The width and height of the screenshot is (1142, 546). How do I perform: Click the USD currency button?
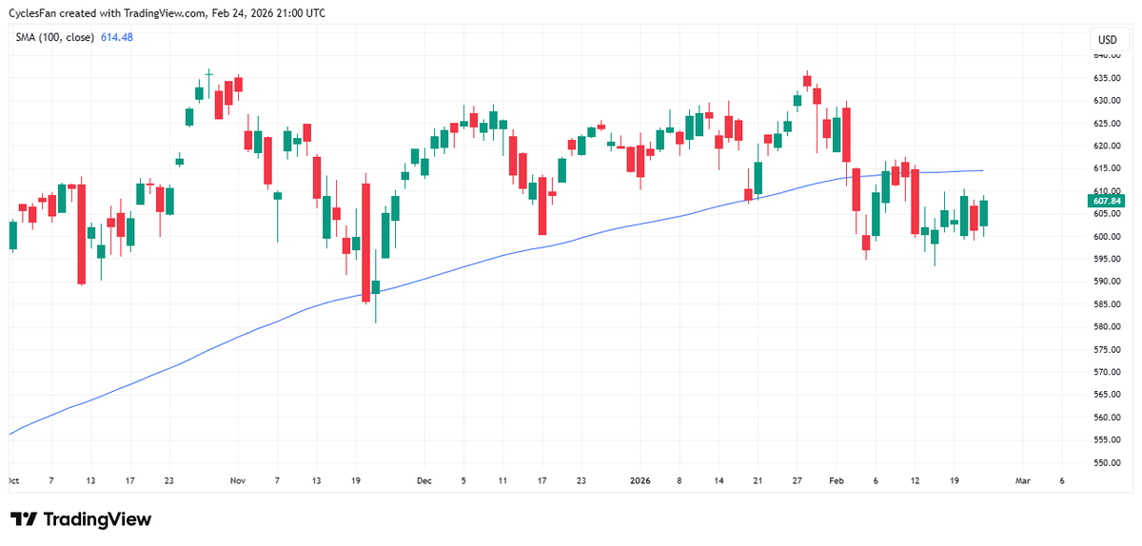1107,40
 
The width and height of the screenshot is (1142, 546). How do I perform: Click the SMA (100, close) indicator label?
54,37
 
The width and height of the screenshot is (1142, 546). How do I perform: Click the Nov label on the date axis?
239,481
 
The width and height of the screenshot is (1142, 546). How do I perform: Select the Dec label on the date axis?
424,481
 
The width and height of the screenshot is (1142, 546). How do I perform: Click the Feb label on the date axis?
837,481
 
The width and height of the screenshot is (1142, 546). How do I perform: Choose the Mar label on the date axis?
1023,481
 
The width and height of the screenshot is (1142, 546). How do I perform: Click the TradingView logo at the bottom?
81,519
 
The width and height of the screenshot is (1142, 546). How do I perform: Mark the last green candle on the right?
984,213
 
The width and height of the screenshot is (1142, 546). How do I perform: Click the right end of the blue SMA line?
982,171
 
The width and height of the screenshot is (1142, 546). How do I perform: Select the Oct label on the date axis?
13,481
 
